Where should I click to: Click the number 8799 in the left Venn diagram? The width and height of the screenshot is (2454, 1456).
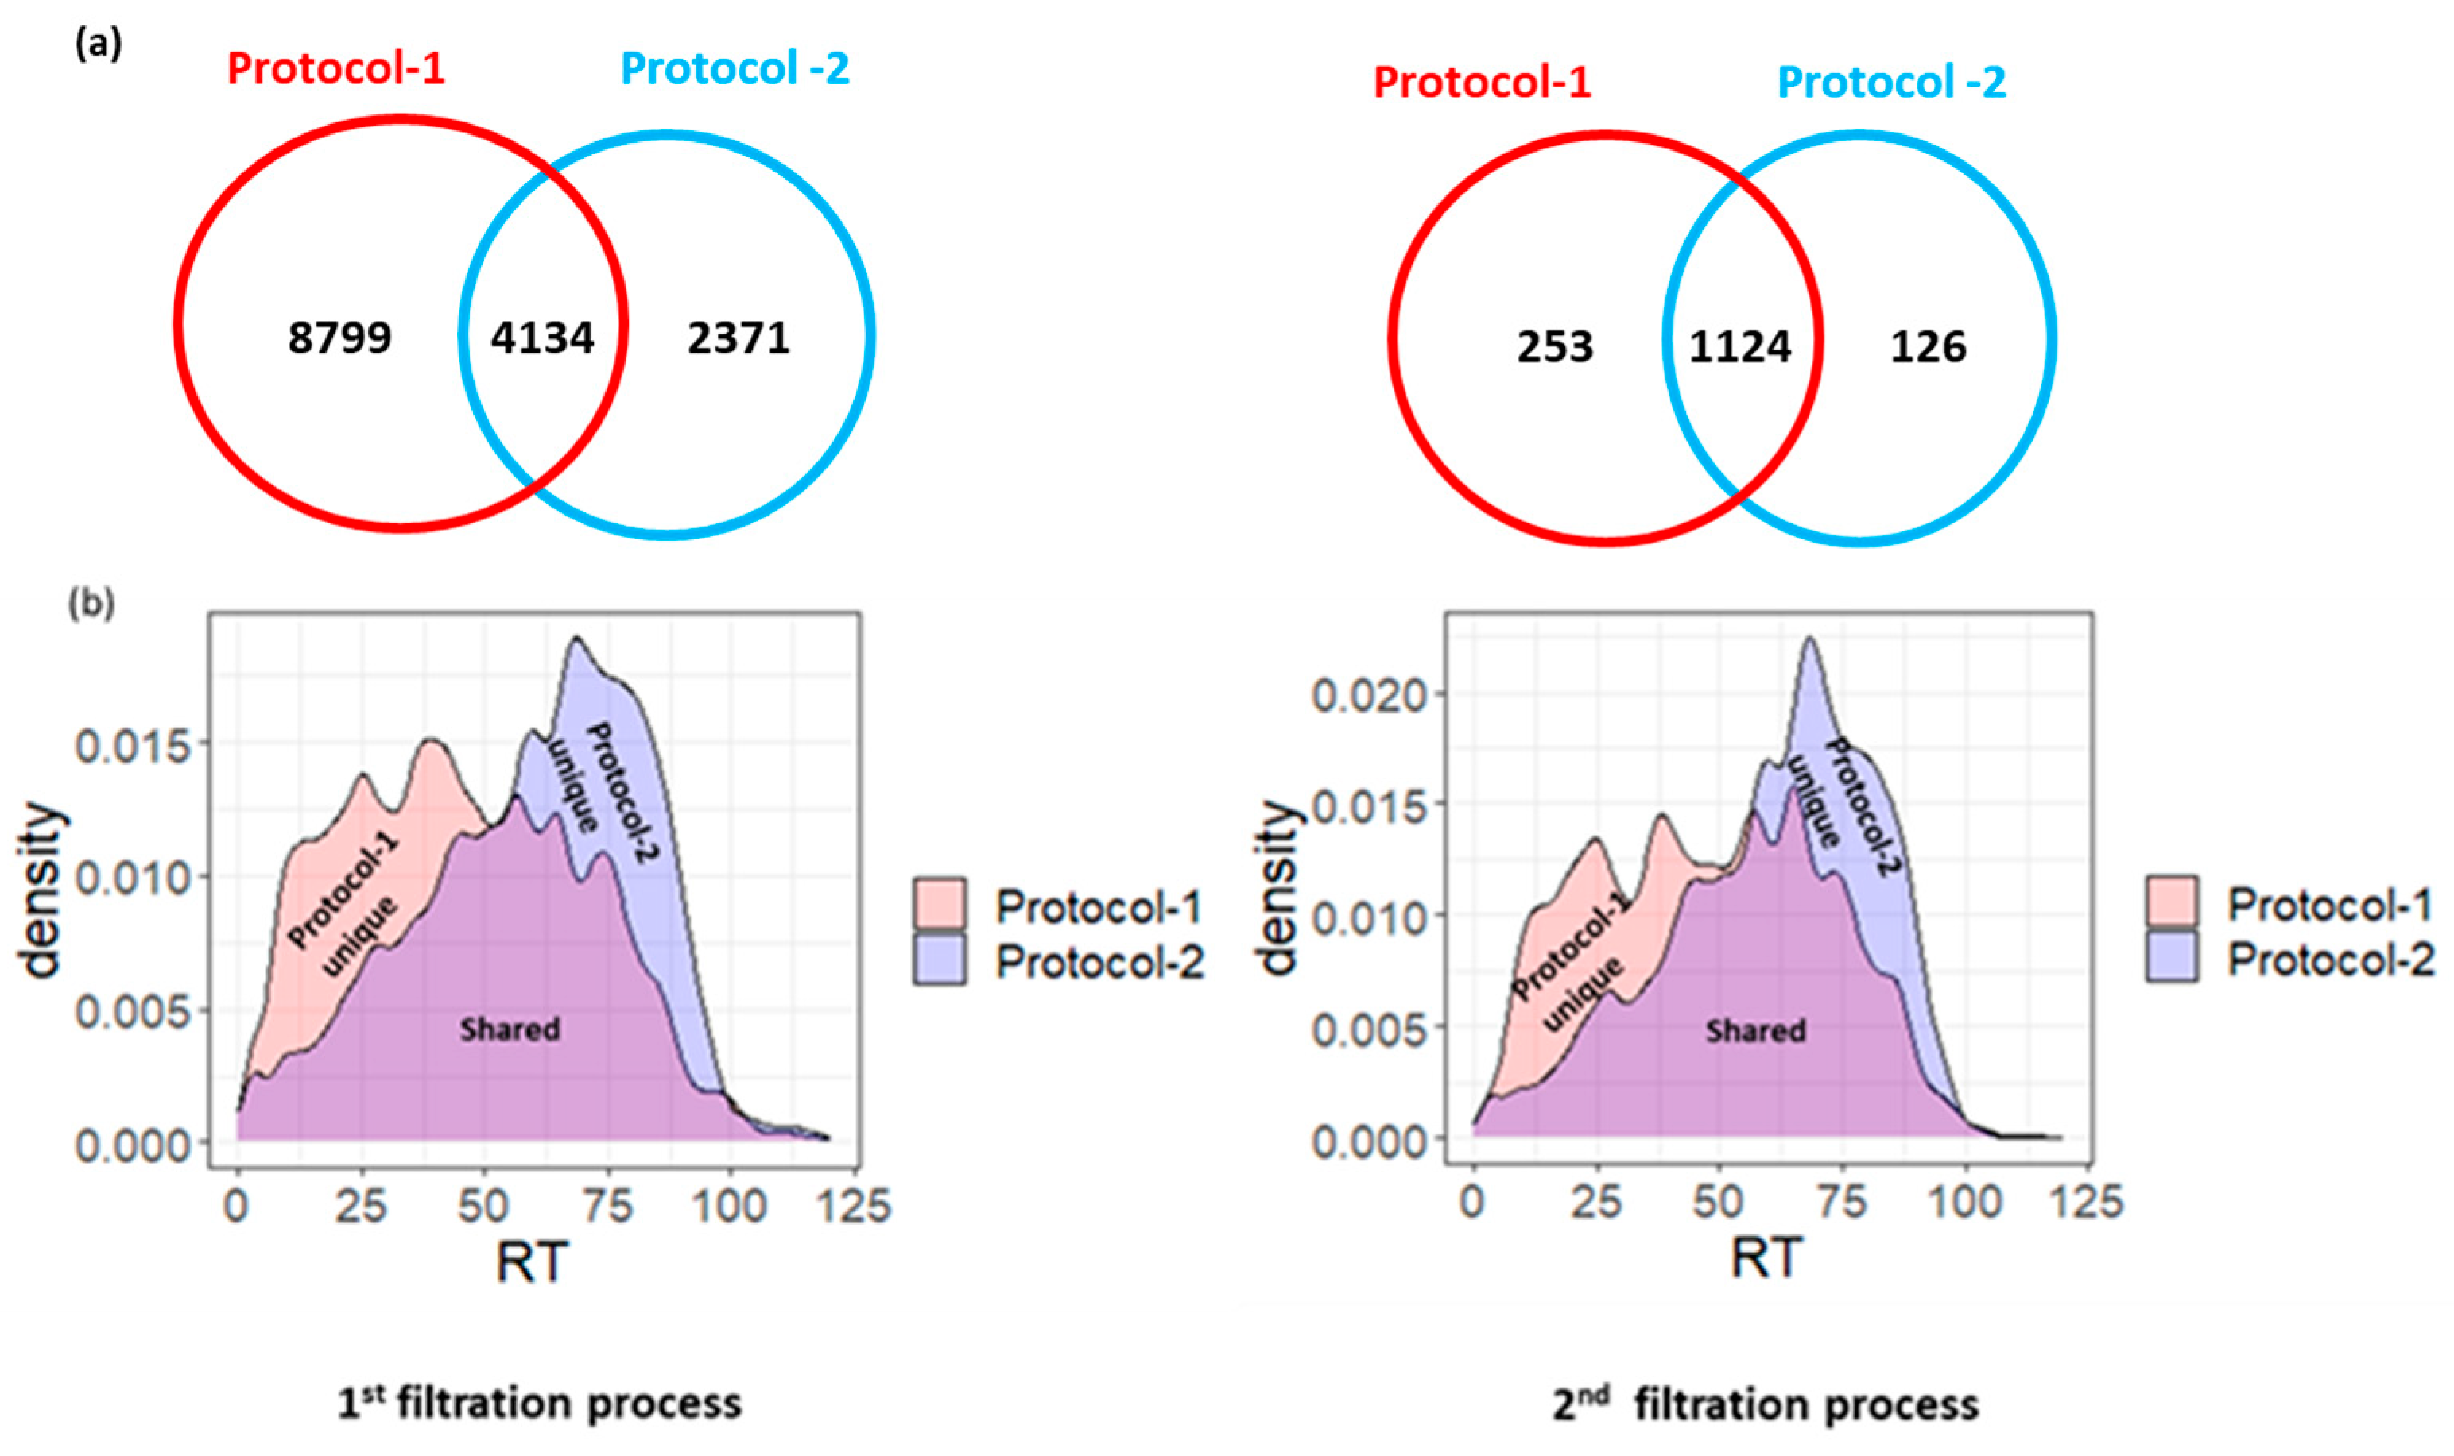pyautogui.click(x=339, y=338)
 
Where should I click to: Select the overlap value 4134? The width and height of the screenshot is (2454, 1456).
pyautogui.click(x=543, y=338)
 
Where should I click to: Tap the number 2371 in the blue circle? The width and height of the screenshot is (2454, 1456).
pyautogui.click(x=739, y=338)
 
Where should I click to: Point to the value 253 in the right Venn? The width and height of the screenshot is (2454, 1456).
pyautogui.click(x=1555, y=347)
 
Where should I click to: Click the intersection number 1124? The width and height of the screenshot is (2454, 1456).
pyautogui.click(x=1739, y=347)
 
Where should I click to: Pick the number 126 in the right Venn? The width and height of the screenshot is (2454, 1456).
pyautogui.click(x=1928, y=347)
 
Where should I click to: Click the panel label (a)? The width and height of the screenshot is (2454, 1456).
pyautogui.click(x=98, y=44)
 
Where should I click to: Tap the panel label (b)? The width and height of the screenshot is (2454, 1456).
pyautogui.click(x=91, y=604)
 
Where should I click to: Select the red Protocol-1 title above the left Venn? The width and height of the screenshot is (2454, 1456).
pyautogui.click(x=335, y=68)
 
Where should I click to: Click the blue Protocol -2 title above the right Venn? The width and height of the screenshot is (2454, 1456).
pyautogui.click(x=1891, y=83)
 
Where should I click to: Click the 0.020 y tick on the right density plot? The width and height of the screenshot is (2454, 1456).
pyautogui.click(x=1370, y=696)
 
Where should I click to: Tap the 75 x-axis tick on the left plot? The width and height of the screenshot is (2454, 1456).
pyautogui.click(x=607, y=1206)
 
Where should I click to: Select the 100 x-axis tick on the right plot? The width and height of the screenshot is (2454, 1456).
pyautogui.click(x=1964, y=1203)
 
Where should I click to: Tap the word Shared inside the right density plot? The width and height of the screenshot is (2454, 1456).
pyautogui.click(x=1755, y=1031)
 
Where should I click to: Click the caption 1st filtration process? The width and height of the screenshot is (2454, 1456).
pyautogui.click(x=540, y=1403)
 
